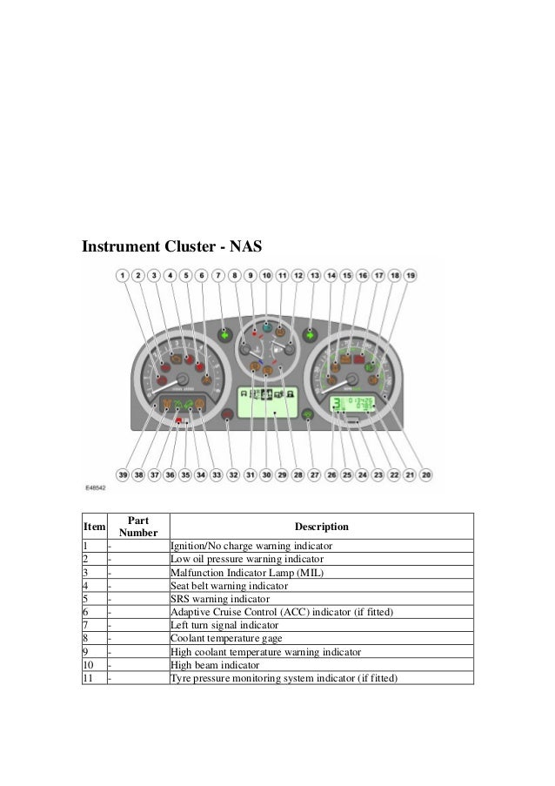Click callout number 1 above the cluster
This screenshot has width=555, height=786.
pyautogui.click(x=123, y=275)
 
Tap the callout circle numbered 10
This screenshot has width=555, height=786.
pyautogui.click(x=266, y=275)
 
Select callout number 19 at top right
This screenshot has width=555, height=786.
pyautogui.click(x=411, y=275)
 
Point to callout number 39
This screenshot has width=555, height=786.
pyautogui.click(x=123, y=475)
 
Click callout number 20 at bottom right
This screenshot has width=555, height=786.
pyautogui.click(x=426, y=475)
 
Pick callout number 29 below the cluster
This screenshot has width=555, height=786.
pyautogui.click(x=282, y=475)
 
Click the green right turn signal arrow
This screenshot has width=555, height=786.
pyautogui.click(x=310, y=334)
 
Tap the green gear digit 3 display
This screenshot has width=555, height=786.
pyautogui.click(x=337, y=403)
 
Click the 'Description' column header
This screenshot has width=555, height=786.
pyautogui.click(x=321, y=527)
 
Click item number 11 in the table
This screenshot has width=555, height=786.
pyautogui.click(x=89, y=677)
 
